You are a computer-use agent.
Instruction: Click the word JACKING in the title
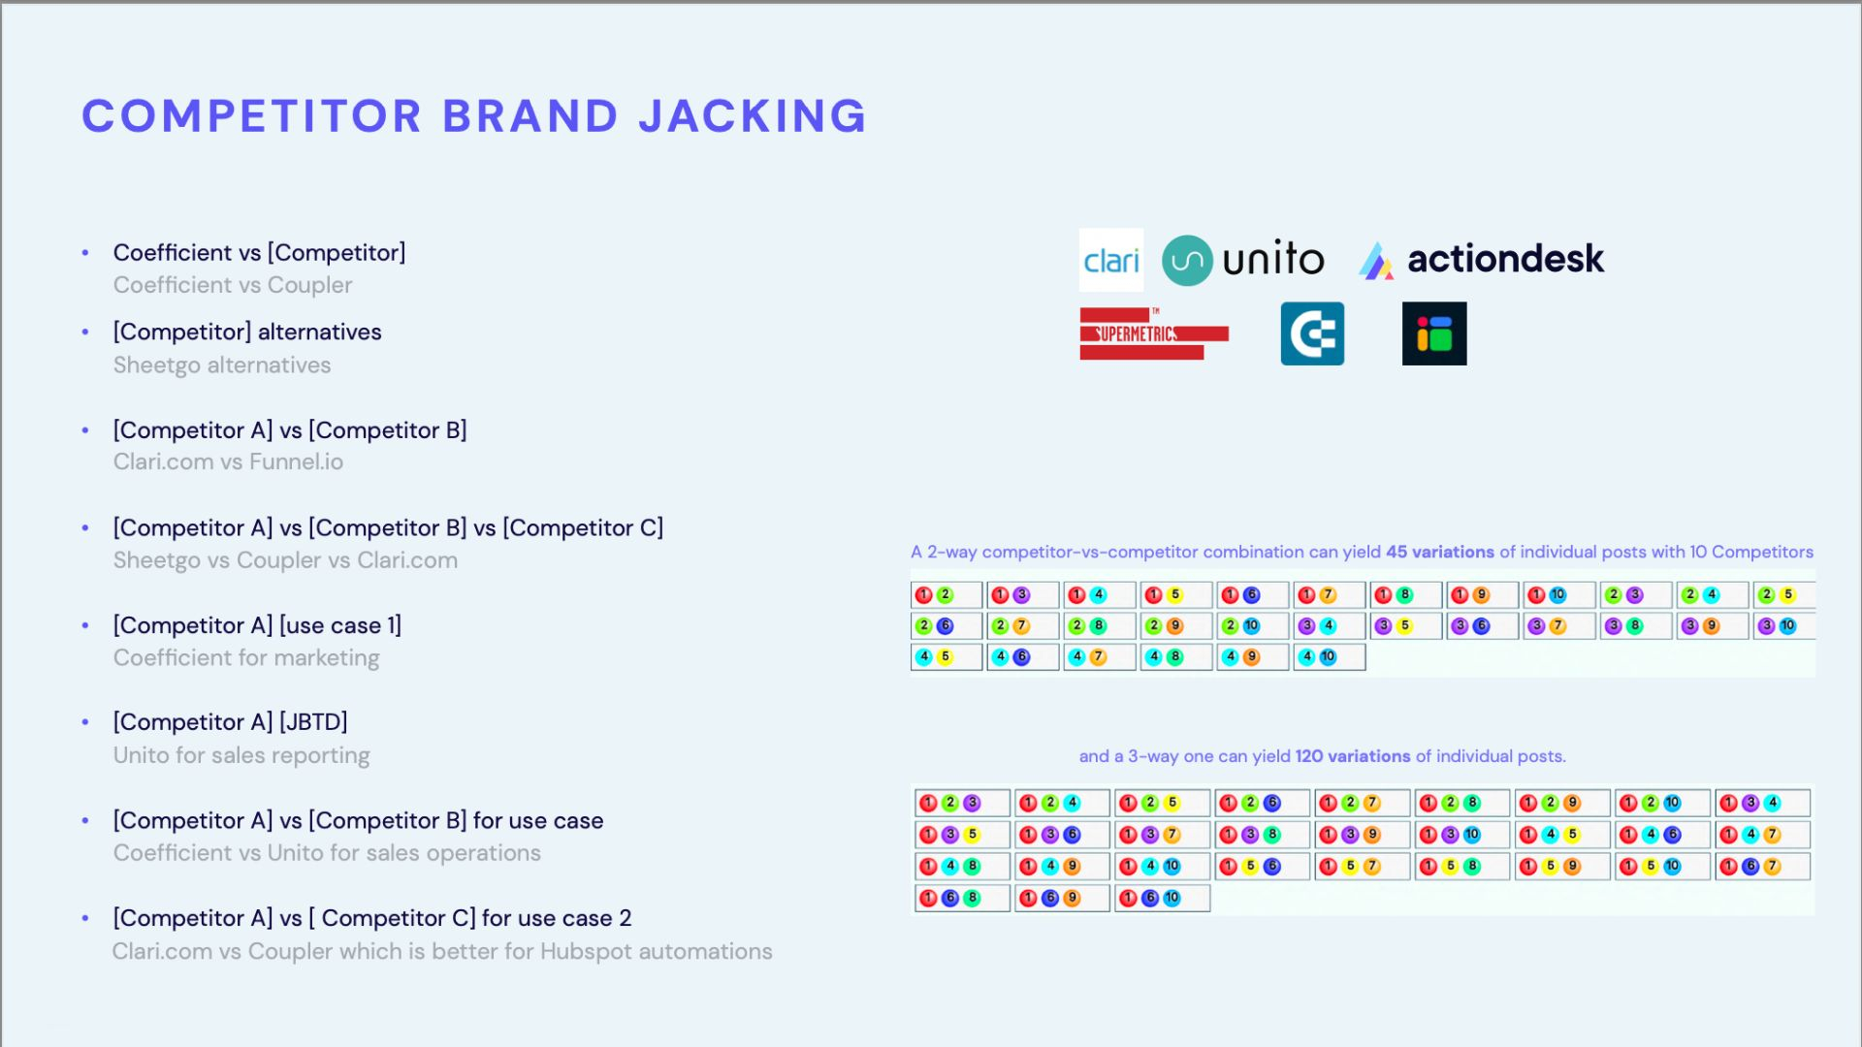point(752,116)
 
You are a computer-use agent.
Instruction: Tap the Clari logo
point(1111,260)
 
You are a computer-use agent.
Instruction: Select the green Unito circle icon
point(1187,260)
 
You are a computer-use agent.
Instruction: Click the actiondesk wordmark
point(1505,259)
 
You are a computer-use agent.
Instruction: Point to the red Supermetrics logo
point(1154,333)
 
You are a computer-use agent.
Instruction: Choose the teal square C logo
point(1312,333)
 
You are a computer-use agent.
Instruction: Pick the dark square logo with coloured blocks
point(1434,333)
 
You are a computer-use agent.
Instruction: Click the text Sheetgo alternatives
point(222,365)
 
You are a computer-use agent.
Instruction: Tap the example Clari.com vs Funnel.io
point(228,461)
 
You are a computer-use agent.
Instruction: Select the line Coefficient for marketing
point(246,657)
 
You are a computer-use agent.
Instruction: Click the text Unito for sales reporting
point(241,755)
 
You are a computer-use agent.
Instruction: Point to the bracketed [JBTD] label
point(313,722)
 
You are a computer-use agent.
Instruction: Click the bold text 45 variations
point(1440,552)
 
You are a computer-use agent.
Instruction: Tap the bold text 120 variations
point(1353,756)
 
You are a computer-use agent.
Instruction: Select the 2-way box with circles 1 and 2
point(947,595)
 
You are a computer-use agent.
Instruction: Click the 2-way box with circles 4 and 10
point(1330,657)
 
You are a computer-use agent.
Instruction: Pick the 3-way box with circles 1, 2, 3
point(962,803)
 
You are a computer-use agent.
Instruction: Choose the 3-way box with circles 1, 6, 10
point(1162,898)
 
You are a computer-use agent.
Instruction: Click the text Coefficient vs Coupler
point(233,285)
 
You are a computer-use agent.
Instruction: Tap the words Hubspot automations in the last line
point(657,951)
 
